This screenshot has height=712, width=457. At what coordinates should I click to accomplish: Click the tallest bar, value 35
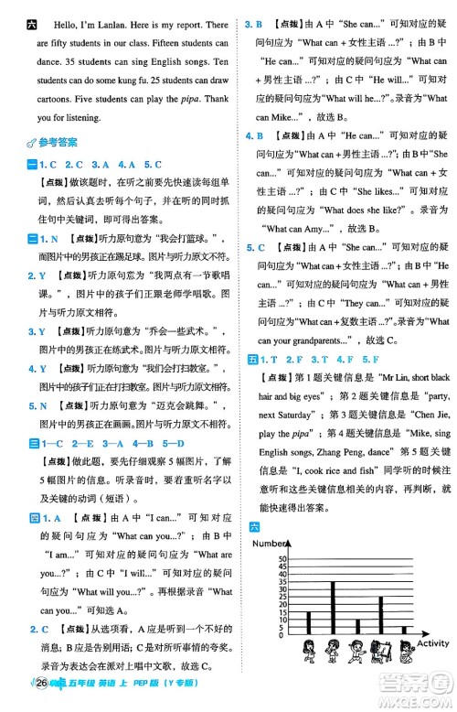pyautogui.click(x=333, y=608)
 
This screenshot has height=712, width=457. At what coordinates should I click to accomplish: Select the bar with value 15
pyautogui.click(x=308, y=623)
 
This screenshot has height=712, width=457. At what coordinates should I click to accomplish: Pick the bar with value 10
pyautogui.click(x=357, y=627)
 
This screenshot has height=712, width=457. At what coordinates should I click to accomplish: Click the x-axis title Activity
pyautogui.click(x=434, y=644)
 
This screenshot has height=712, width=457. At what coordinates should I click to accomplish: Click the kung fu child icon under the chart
pyautogui.click(x=357, y=652)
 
